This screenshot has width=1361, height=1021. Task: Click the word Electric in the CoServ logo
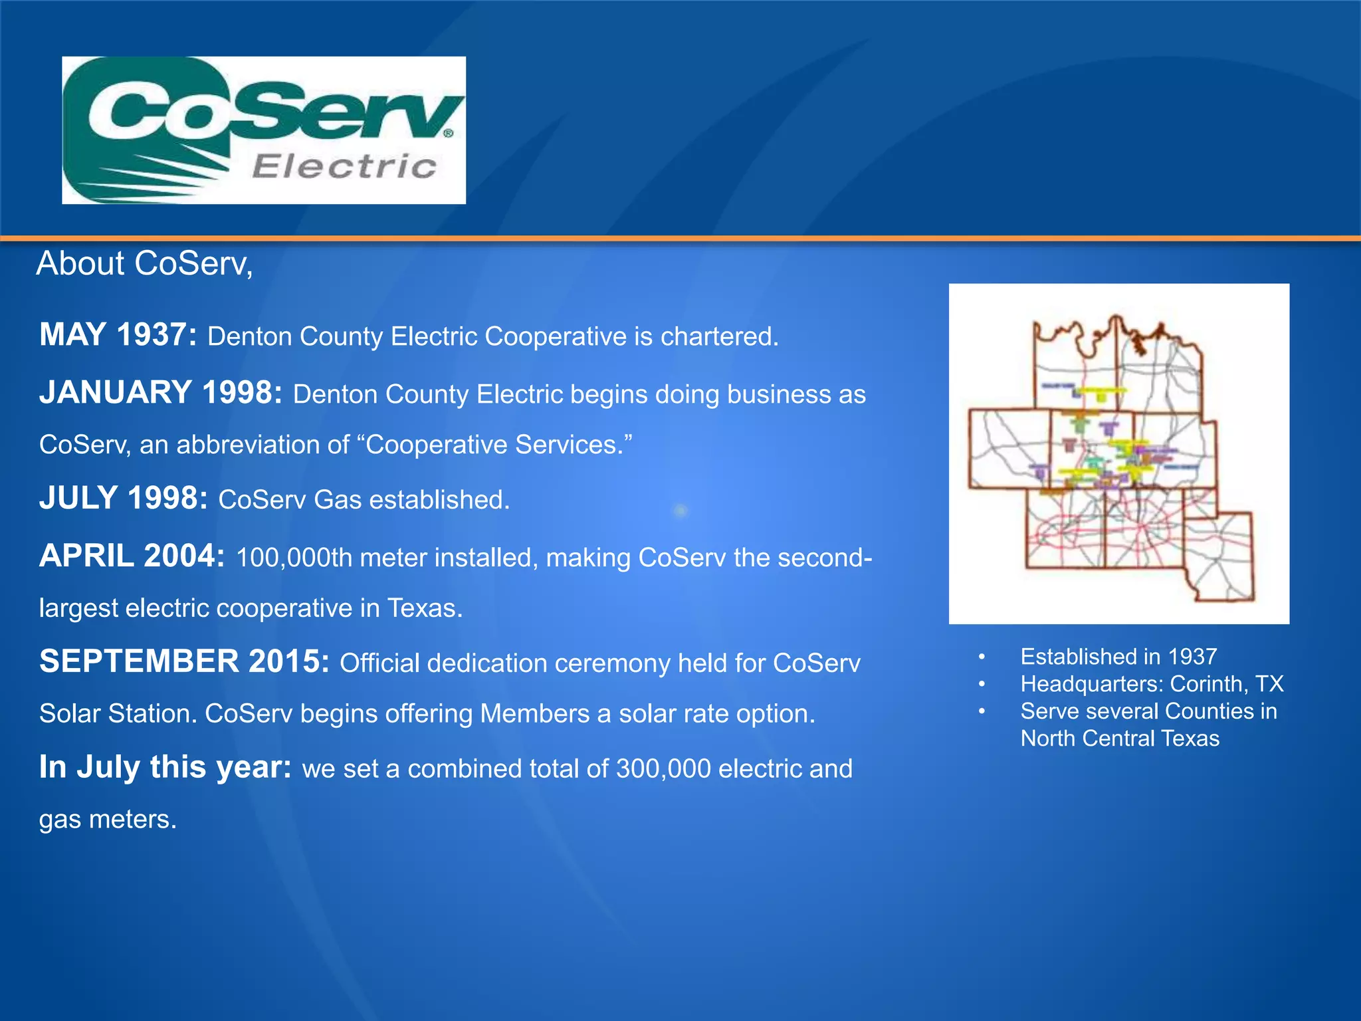coord(344,166)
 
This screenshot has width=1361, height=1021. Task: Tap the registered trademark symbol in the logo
coord(449,134)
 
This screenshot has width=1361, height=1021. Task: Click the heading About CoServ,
coord(144,263)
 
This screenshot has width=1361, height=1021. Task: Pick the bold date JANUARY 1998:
coord(161,392)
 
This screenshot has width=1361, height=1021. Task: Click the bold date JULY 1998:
coord(124,498)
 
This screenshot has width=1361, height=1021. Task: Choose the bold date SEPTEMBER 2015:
coord(184,661)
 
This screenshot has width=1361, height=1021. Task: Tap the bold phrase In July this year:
coord(165,767)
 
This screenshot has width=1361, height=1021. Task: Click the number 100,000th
coord(294,558)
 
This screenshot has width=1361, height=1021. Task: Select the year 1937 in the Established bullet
coord(1192,657)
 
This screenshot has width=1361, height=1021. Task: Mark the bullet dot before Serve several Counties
coord(981,711)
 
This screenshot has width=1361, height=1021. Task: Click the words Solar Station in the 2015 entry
coord(118,714)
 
